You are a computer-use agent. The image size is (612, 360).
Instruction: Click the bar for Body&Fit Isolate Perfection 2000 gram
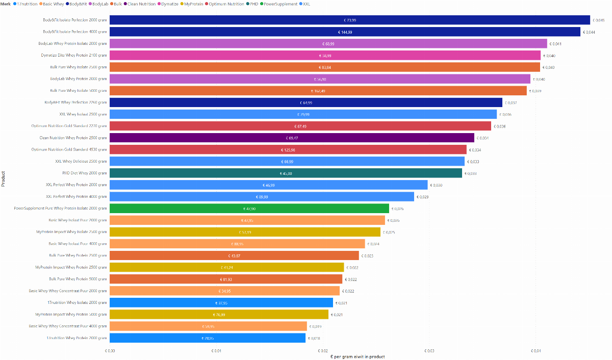[x=350, y=20]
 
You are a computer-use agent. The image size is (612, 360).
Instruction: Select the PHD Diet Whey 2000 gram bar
[x=286, y=173]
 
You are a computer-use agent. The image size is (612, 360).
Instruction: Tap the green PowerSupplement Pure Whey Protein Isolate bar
[x=249, y=209]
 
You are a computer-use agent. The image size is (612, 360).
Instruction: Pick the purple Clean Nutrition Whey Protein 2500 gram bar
[x=292, y=138]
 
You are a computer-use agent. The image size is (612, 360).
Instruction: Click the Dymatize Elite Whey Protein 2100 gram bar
[x=325, y=56]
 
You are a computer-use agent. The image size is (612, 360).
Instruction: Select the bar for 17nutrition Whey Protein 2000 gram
[x=208, y=338]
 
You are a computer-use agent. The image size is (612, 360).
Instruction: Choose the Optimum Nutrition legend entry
[x=226, y=4]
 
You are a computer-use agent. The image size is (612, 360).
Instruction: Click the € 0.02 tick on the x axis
[x=323, y=351]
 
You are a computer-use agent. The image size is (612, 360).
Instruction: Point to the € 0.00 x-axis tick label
[x=110, y=351]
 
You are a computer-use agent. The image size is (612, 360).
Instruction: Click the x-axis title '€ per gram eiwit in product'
[x=357, y=356]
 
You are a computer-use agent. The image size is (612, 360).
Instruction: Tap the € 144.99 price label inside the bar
[x=345, y=32]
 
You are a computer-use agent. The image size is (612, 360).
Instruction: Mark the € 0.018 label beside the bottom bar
[x=314, y=338]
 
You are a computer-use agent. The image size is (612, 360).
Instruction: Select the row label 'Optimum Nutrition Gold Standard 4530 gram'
[x=69, y=150]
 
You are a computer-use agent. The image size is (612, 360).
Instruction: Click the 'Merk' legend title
[x=6, y=4]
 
